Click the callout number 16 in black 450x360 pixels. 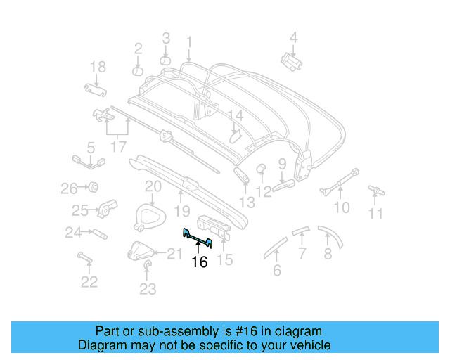pos(200,262)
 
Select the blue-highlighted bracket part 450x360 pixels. pos(198,238)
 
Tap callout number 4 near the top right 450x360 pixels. pos(294,37)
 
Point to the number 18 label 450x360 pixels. pos(98,67)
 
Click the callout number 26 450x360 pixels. pos(68,188)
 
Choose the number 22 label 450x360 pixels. pos(89,282)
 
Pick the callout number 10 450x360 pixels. pos(341,207)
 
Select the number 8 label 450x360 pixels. pos(328,254)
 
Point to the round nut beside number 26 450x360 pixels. pos(91,188)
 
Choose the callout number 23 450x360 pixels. pos(147,288)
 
